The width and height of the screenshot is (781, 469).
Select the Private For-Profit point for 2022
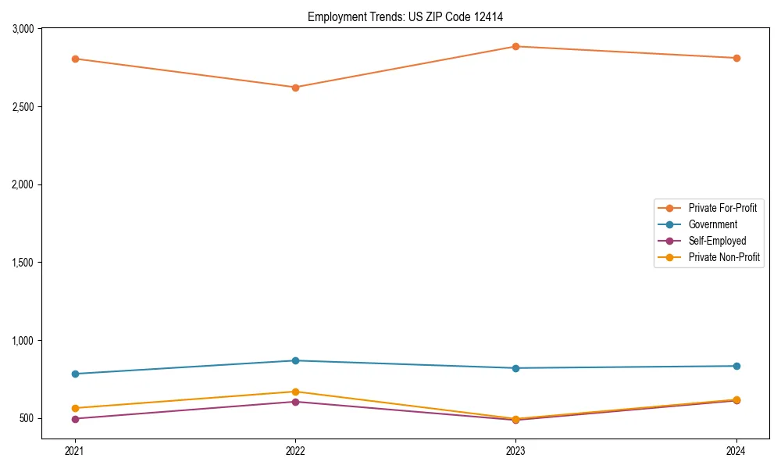pos(295,88)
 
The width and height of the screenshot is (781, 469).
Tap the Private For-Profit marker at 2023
pos(515,46)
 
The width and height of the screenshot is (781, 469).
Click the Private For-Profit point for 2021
pos(75,59)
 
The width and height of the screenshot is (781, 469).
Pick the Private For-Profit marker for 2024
pos(736,58)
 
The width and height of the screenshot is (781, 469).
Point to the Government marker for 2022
pos(295,360)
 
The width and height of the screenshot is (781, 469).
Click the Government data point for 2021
pos(75,374)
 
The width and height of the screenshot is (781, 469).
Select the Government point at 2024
pos(736,366)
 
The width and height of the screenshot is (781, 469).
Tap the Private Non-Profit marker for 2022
pos(295,392)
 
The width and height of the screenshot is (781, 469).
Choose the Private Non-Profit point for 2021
pos(75,408)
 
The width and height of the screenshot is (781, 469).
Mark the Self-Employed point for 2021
pos(75,419)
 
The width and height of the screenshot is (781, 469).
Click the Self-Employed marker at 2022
pos(295,402)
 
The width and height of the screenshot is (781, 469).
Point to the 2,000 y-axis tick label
pos(22,184)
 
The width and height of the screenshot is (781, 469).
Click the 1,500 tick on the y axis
pos(22,263)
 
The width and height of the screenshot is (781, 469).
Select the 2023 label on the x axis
pos(515,451)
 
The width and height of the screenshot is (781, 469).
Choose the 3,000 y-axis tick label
pos(22,29)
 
